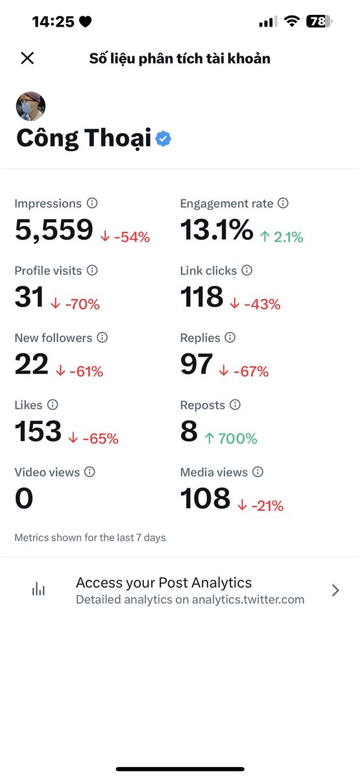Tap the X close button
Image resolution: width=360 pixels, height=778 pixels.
pos(27,58)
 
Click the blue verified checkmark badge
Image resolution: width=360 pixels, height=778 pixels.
pos(163,139)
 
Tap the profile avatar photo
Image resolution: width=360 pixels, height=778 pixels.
pos(30,106)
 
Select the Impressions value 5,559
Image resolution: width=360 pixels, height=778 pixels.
pos(54,230)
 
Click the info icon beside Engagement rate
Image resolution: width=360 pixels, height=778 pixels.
pos(283,203)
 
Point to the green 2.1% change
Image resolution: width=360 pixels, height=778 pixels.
pos(282,237)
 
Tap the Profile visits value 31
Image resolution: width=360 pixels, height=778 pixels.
pos(29,297)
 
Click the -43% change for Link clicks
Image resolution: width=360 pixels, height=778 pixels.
pos(256,304)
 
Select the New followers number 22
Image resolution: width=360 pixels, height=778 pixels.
pos(32,364)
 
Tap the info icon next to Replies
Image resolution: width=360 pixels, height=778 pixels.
pos(230,337)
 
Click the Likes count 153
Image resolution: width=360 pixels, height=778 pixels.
pos(38,431)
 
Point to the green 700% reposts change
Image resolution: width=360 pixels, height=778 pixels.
pos(231,438)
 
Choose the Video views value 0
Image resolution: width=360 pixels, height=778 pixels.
pos(24,498)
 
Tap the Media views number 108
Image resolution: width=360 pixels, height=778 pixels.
pos(206,498)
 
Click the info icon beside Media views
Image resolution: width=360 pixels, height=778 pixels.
pos(258,472)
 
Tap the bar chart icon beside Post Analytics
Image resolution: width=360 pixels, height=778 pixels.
pos(38,589)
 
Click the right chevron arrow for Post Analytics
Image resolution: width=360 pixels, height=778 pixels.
pos(335,590)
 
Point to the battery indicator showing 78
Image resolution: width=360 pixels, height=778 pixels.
pos(319,21)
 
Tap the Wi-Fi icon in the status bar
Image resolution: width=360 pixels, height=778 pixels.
pos(292,21)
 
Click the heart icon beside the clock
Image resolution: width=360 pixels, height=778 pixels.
pos(85,21)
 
